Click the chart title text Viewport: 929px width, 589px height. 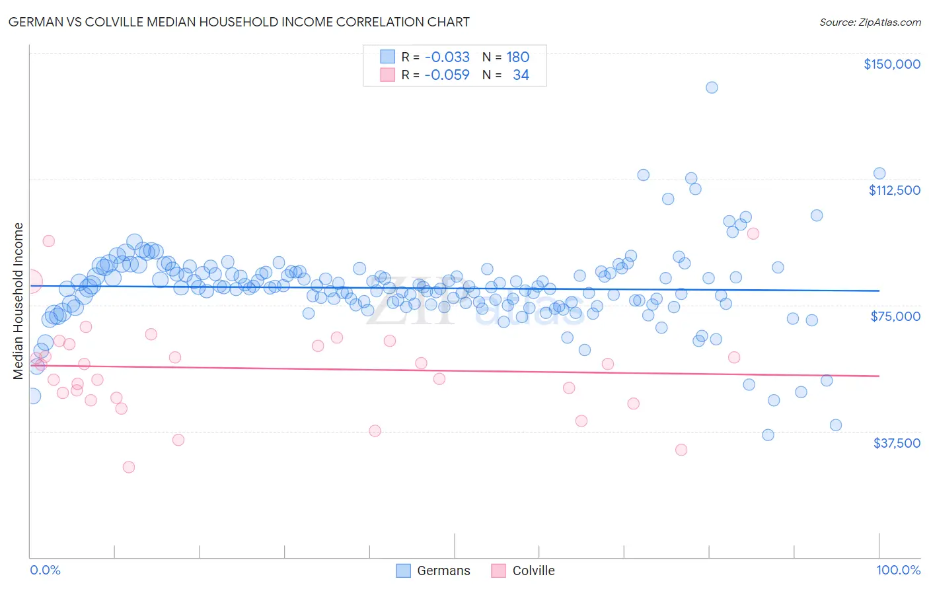coord(239,22)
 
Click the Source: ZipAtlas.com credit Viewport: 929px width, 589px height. coord(870,22)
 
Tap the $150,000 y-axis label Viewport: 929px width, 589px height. coord(891,64)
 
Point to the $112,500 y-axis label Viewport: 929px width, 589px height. coord(894,190)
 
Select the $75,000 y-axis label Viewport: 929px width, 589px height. coord(895,316)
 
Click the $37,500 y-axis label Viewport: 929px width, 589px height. coord(896,443)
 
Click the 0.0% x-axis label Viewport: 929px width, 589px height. coord(45,570)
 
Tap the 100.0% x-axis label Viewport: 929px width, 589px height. coord(898,570)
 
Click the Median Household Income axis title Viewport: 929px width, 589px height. coord(18,301)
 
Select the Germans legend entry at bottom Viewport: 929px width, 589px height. coord(433,571)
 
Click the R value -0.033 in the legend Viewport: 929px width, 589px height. coord(447,57)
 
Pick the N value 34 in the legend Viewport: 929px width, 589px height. coord(521,75)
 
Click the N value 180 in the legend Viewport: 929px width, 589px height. coord(517,57)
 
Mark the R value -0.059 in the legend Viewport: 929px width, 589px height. coord(447,75)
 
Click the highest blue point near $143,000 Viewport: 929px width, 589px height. coord(712,87)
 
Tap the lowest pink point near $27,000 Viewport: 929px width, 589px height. coord(129,467)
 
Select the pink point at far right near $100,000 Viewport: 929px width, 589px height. coord(753,233)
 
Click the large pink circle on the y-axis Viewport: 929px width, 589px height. coord(30,281)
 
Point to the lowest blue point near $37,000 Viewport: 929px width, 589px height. coord(768,434)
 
